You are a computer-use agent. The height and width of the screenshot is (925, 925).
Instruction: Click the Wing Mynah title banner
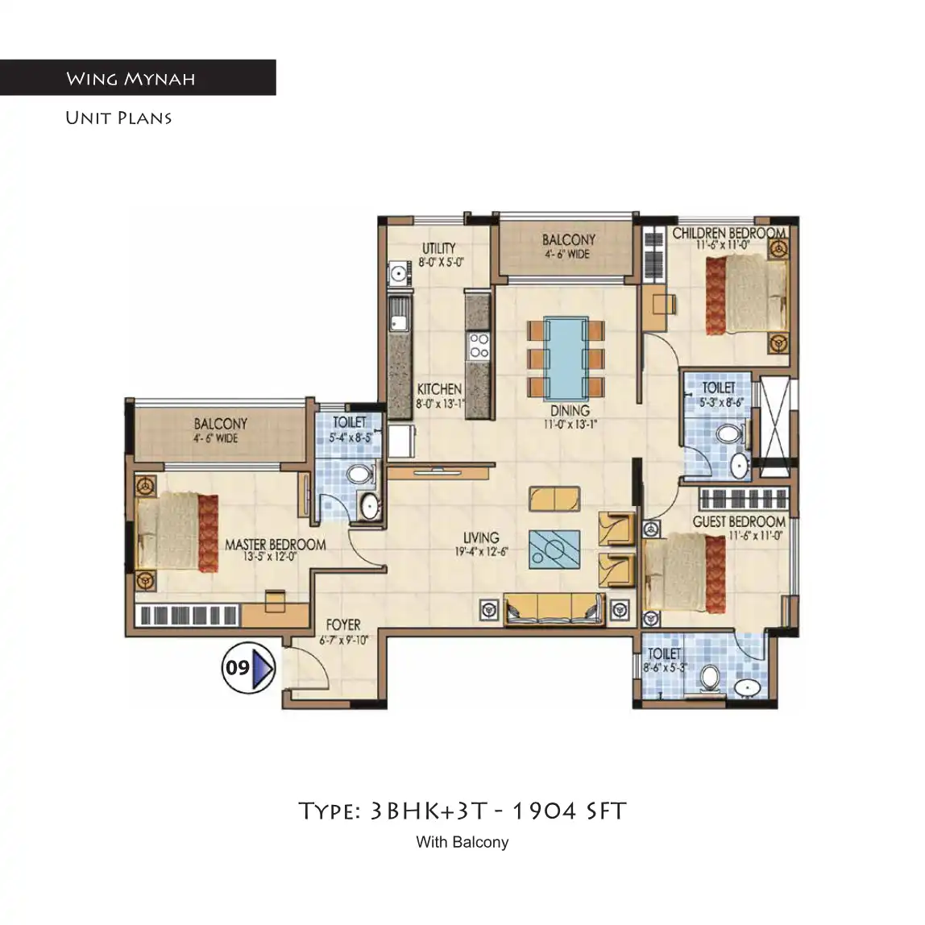click(137, 78)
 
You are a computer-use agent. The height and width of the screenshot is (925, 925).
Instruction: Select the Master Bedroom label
click(275, 545)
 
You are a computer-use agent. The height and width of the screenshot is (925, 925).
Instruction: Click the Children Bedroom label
click(728, 233)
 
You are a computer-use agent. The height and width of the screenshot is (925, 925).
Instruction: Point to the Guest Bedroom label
click(738, 521)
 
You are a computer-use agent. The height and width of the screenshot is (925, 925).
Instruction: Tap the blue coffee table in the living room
click(554, 550)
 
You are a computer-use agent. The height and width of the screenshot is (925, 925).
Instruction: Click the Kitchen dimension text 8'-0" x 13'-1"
click(440, 404)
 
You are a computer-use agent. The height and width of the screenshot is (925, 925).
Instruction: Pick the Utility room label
click(439, 248)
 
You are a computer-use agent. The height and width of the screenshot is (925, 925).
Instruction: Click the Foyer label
click(342, 624)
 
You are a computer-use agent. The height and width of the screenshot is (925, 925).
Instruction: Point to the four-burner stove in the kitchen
click(479, 345)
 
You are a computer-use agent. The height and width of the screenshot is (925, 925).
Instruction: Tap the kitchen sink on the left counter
click(397, 314)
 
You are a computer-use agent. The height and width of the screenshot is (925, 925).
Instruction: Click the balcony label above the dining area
click(568, 239)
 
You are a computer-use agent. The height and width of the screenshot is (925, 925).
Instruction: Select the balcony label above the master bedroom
click(220, 423)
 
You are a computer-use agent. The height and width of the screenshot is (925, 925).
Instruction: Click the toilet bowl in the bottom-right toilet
click(709, 678)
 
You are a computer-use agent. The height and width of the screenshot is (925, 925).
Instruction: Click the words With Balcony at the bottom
click(462, 842)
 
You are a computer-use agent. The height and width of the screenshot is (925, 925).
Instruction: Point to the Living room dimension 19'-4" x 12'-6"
click(480, 552)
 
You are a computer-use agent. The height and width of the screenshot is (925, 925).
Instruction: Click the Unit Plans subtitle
click(118, 118)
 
